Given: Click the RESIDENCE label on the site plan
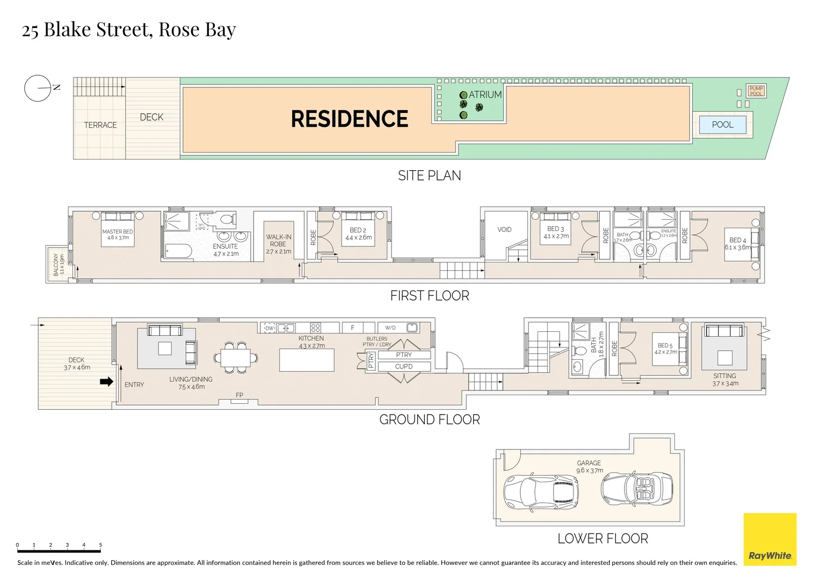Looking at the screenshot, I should pyautogui.click(x=350, y=119).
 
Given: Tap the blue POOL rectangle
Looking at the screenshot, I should pyautogui.click(x=722, y=125).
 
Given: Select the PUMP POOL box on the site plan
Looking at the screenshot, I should pyautogui.click(x=756, y=91).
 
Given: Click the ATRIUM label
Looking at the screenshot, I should pyautogui.click(x=485, y=95).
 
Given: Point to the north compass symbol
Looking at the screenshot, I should pyautogui.click(x=38, y=88).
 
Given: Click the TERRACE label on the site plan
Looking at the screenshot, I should pyautogui.click(x=100, y=125).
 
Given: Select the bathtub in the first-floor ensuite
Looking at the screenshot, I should pyautogui.click(x=178, y=251).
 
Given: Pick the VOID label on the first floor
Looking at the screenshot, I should pyautogui.click(x=504, y=229).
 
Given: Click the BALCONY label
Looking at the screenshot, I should pyautogui.click(x=56, y=265).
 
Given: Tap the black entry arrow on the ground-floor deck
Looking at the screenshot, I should pyautogui.click(x=106, y=382).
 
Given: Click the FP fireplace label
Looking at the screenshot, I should pyautogui.click(x=240, y=395).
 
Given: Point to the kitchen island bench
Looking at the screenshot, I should pyautogui.click(x=307, y=360).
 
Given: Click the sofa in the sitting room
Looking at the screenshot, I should pyautogui.click(x=724, y=330).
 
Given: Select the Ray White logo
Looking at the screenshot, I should pyautogui.click(x=770, y=539).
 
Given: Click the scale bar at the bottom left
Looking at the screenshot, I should pyautogui.click(x=59, y=551).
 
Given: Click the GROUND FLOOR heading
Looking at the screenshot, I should pyautogui.click(x=430, y=419).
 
